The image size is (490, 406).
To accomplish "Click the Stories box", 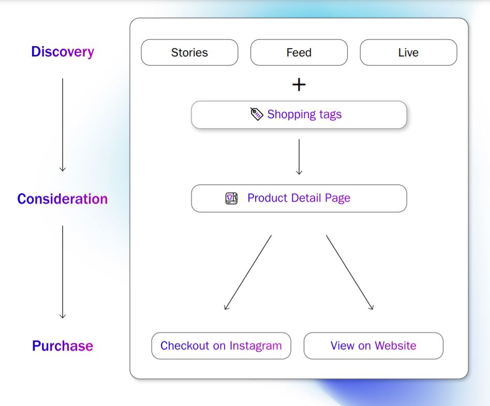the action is point(189,52).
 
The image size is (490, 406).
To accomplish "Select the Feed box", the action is point(299,52).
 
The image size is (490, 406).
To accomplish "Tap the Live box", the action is point(408,52).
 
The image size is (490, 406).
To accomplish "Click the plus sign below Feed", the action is point(299,85).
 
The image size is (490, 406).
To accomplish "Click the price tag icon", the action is point(257,114).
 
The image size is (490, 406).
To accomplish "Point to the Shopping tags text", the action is point(304,114).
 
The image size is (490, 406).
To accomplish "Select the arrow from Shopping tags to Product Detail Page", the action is point(299,157).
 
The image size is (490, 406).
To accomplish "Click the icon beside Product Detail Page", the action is point(231,198).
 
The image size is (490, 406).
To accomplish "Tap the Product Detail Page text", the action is point(299,198).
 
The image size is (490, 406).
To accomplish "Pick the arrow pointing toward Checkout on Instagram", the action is point(248,272).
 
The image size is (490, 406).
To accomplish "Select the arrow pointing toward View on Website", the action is point(350,272).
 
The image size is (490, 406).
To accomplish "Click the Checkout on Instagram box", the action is point(221,345).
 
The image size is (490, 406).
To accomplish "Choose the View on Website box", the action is point(374,345).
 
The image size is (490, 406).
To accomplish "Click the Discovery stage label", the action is point(63,52).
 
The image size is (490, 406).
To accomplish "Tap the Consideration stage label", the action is point(63,199).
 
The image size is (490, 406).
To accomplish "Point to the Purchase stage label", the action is point(63,346).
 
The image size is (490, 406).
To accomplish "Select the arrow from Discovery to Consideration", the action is point(63,125).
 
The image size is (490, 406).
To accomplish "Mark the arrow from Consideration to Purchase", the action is point(63,272).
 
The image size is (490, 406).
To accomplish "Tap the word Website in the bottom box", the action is point(395,345).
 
